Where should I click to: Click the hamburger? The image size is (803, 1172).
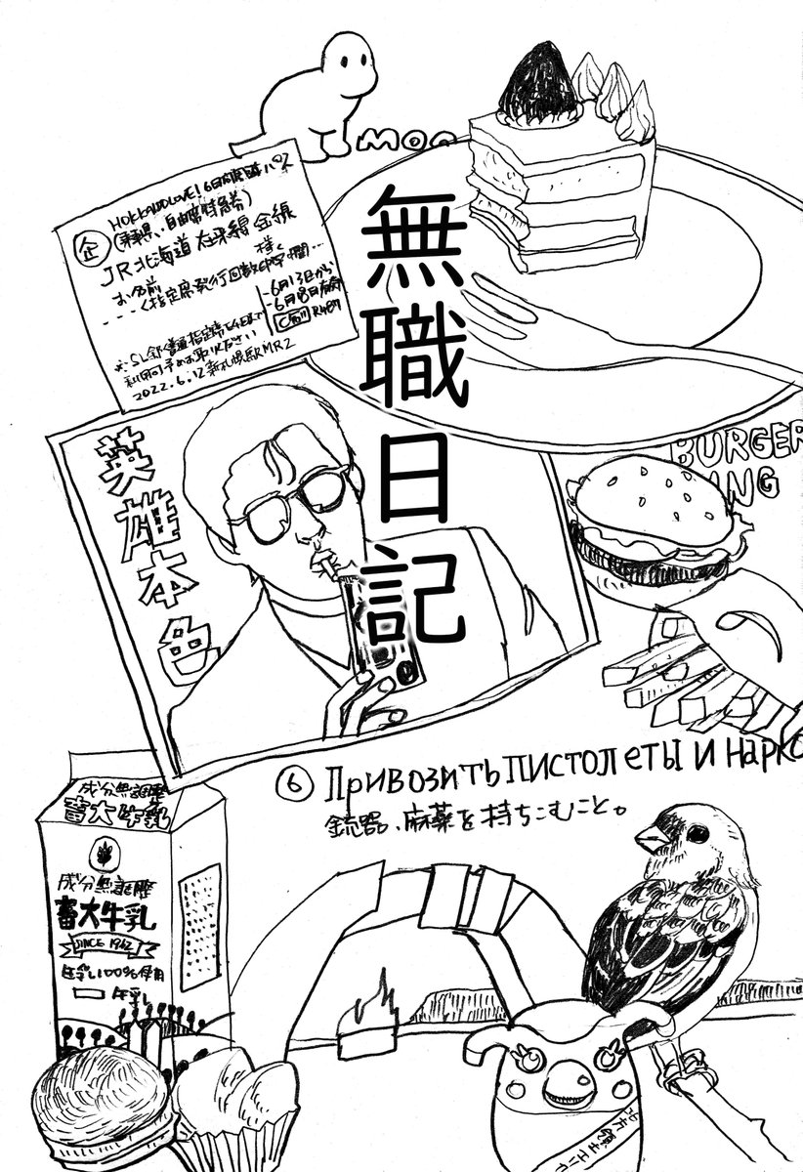pyautogui.click(x=649, y=519)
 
